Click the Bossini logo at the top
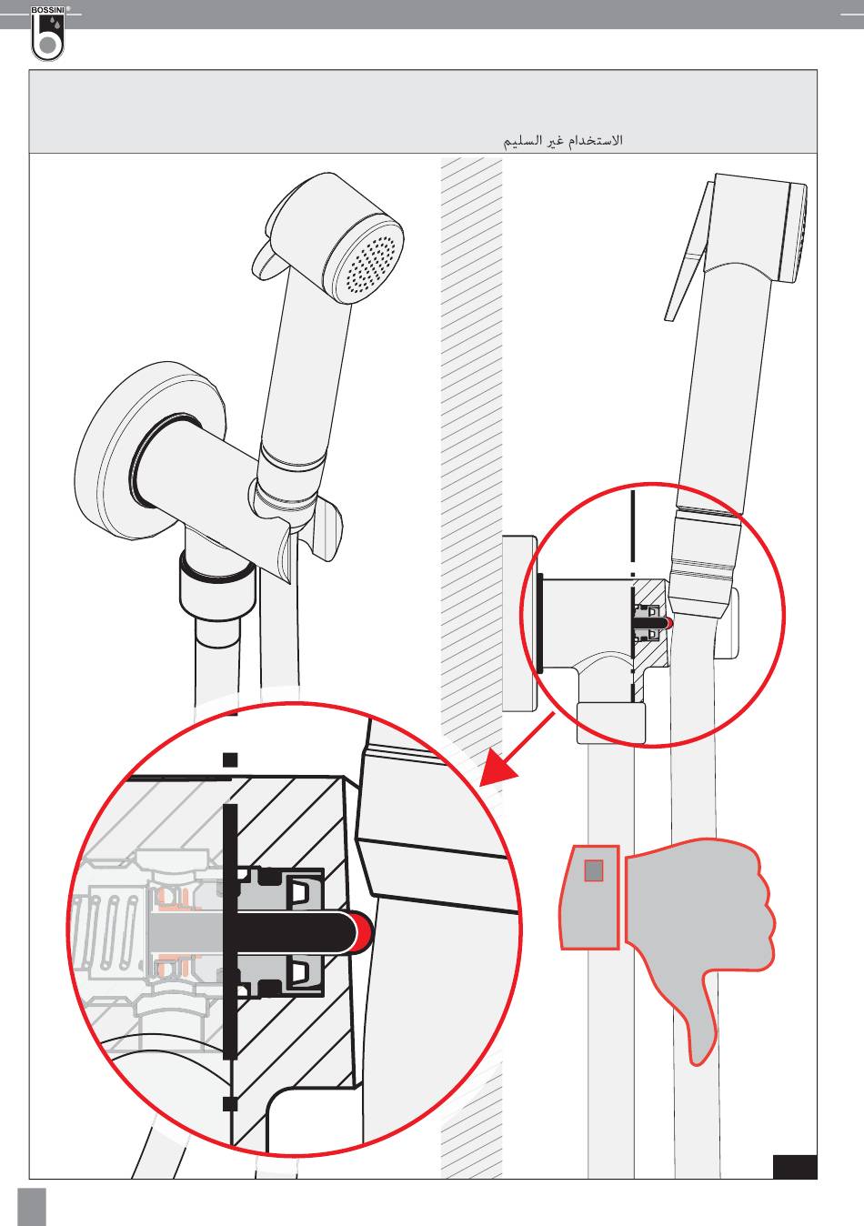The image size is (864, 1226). pos(47,35)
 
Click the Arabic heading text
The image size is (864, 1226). pos(563,141)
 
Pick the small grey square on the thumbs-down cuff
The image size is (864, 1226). pos(593,871)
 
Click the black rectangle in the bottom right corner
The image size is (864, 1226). pos(794,1167)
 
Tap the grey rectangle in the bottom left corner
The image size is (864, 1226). pos(32,1205)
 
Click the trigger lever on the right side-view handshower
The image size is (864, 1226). pos(687,264)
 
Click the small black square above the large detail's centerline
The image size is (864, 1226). pos(231,759)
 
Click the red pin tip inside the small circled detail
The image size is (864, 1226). pos(669,623)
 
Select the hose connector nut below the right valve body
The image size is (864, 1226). pos(611,723)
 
